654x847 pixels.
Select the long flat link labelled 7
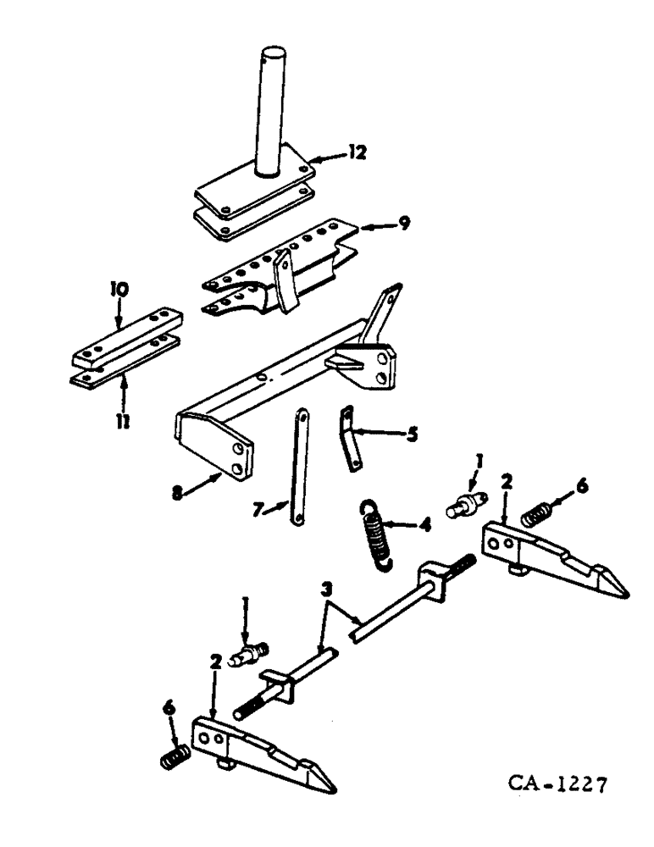pos(299,467)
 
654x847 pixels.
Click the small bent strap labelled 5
pos(348,435)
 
